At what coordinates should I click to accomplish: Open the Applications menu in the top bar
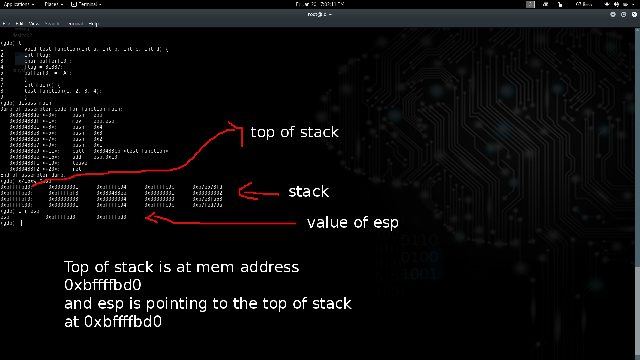(x=19, y=4)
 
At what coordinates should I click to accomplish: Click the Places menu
(x=54, y=4)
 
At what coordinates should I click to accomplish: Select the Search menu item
(x=52, y=24)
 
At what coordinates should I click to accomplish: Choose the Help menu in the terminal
(x=93, y=24)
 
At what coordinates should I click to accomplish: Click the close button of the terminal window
(x=634, y=14)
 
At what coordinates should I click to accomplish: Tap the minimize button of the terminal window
(x=613, y=14)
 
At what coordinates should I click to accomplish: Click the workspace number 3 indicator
(x=530, y=4)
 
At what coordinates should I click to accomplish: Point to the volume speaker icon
(x=616, y=4)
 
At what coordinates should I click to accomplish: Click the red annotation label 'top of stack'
(x=295, y=132)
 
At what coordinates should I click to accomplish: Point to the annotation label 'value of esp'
(x=353, y=223)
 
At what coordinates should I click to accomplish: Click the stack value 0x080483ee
(x=111, y=193)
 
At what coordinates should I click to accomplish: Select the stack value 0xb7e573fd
(x=207, y=187)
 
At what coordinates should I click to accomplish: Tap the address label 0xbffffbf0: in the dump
(x=17, y=199)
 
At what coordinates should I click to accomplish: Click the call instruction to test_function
(x=120, y=151)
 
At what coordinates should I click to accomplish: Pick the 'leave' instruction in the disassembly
(x=80, y=163)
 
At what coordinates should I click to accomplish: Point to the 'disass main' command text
(x=35, y=103)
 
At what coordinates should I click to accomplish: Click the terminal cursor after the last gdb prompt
(x=20, y=223)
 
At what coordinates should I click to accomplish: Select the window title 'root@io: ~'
(x=320, y=14)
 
